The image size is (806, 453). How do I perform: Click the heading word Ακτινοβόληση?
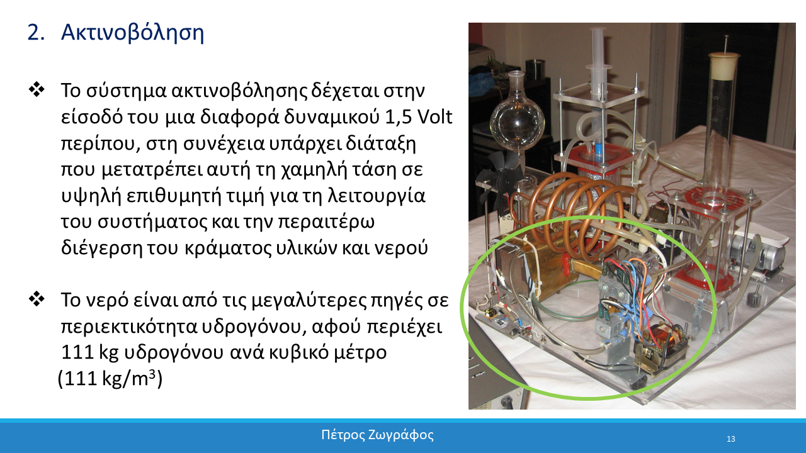point(132,33)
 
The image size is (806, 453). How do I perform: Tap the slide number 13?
point(731,439)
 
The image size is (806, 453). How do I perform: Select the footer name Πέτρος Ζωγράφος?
point(377,435)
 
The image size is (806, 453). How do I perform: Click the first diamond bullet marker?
point(37,90)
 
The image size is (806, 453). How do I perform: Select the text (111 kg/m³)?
point(110,379)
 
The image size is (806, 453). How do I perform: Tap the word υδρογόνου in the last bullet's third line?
point(174,353)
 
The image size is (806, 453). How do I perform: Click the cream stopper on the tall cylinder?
point(724,66)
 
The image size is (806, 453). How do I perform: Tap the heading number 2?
point(37,33)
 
